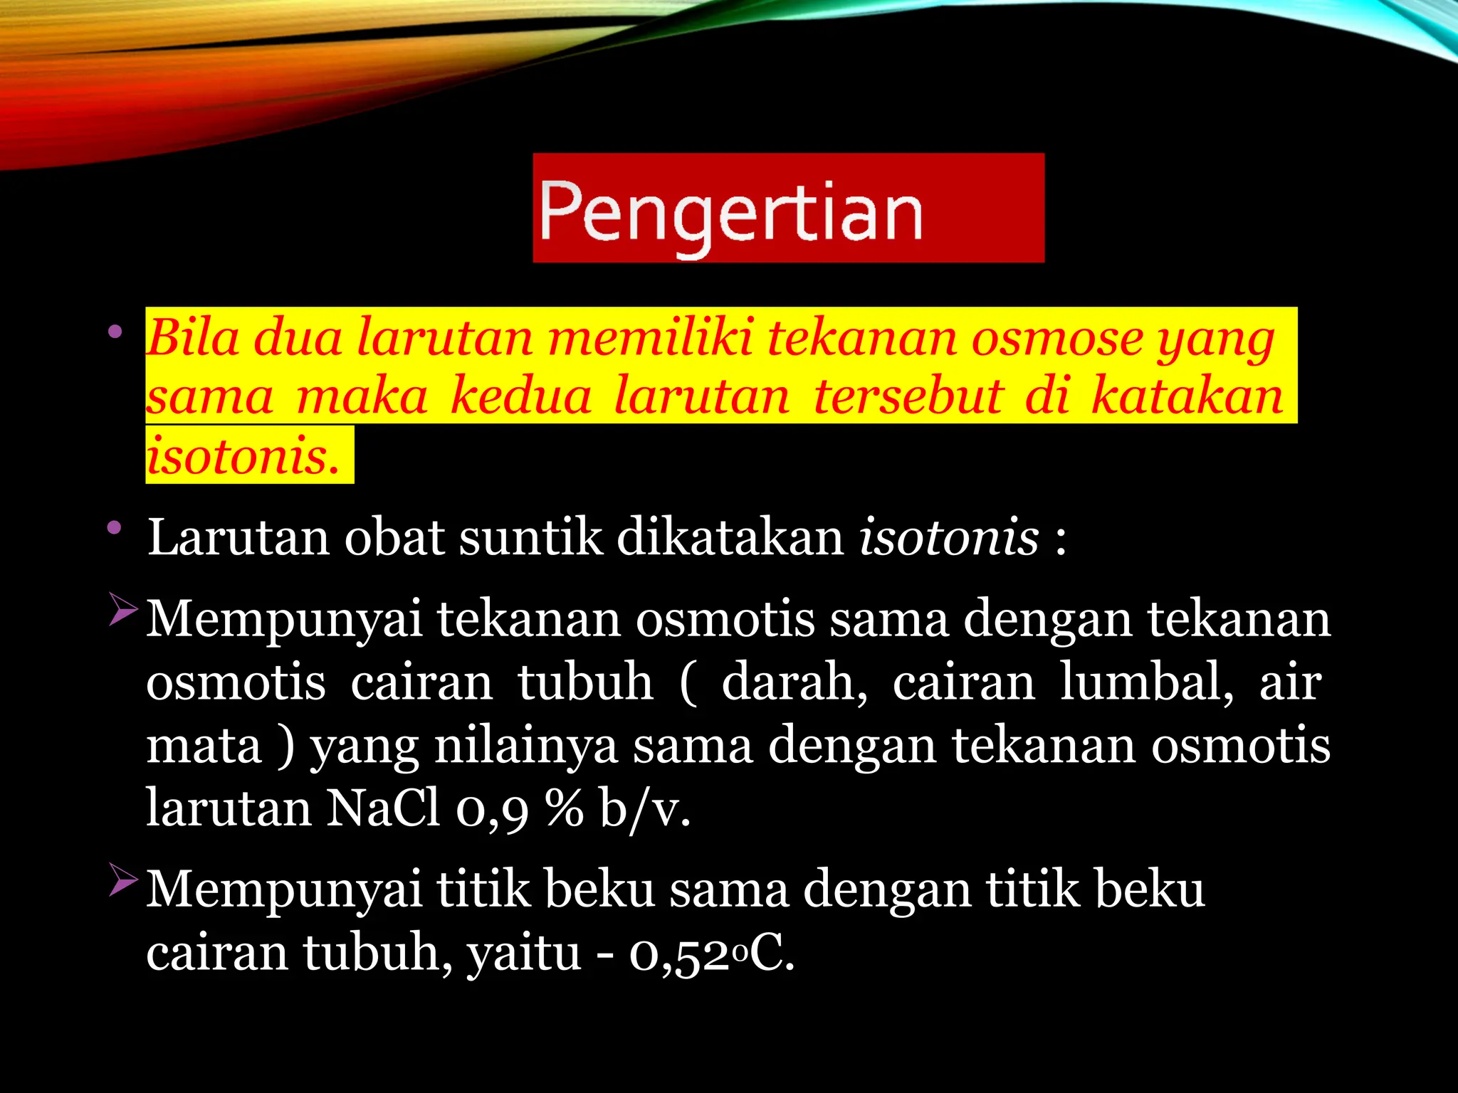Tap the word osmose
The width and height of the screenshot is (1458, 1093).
(1056, 339)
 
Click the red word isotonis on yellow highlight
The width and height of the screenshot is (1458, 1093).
(242, 455)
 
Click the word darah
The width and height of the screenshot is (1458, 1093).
(794, 682)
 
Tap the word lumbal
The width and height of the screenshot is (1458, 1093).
(1147, 682)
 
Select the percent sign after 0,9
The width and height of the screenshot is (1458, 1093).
(565, 808)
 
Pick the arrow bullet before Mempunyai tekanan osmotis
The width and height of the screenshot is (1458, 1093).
(122, 611)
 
